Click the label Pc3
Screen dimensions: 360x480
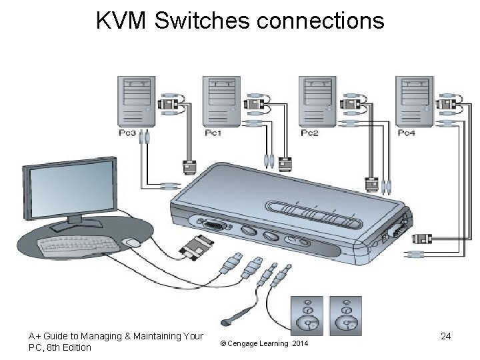click(x=127, y=133)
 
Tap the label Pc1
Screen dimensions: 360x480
click(x=213, y=133)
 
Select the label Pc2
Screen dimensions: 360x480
click(x=309, y=133)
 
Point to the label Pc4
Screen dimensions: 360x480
click(x=406, y=133)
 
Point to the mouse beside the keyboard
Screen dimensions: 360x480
click(x=132, y=243)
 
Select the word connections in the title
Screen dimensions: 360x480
click(x=320, y=21)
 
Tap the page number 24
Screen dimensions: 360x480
click(x=446, y=337)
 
